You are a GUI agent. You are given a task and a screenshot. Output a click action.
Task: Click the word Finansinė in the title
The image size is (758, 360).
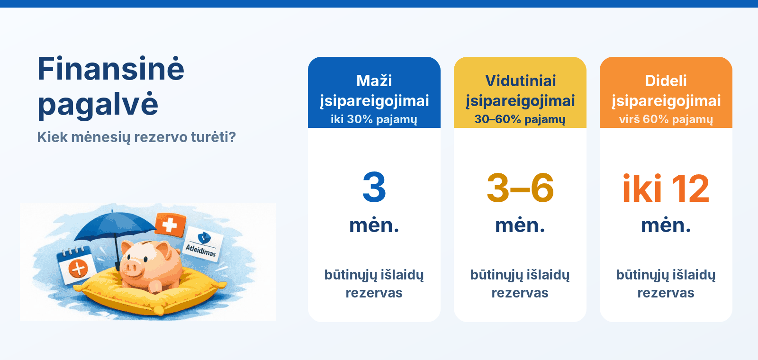(x=110, y=69)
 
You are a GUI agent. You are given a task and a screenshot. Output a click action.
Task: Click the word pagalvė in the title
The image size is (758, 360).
(x=98, y=105)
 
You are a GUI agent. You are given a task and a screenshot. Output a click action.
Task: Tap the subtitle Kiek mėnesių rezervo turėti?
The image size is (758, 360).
(x=136, y=137)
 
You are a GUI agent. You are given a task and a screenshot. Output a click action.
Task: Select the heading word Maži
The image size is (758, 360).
(x=374, y=81)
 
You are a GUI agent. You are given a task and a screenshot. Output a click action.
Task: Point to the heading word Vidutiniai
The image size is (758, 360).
(x=520, y=81)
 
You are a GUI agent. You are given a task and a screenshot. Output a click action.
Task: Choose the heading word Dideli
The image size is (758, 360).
(x=666, y=81)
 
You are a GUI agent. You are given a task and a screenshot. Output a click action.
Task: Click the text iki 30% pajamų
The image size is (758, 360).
(x=374, y=119)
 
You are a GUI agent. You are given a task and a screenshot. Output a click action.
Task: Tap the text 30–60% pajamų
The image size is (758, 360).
(x=520, y=119)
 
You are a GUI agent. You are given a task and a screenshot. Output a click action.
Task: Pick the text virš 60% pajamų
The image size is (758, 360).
(x=666, y=119)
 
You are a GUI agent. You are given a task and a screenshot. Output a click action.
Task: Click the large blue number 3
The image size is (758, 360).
(x=374, y=188)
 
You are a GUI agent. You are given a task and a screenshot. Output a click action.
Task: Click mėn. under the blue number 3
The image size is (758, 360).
(x=374, y=225)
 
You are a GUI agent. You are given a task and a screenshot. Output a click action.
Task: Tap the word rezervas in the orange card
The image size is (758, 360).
(x=666, y=293)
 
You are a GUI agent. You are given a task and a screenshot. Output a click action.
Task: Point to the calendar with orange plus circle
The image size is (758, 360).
(x=75, y=265)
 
